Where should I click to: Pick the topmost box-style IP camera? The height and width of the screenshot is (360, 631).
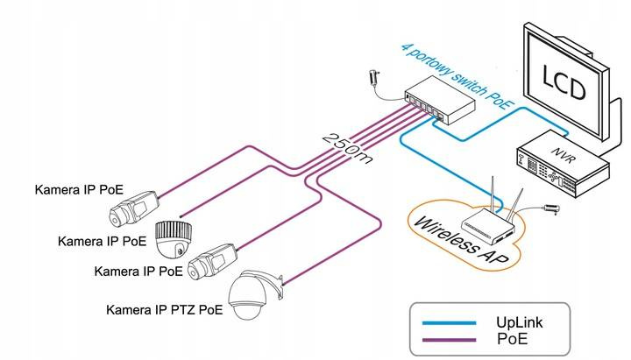132,208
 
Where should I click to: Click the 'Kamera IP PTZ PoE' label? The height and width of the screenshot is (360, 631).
164,309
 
